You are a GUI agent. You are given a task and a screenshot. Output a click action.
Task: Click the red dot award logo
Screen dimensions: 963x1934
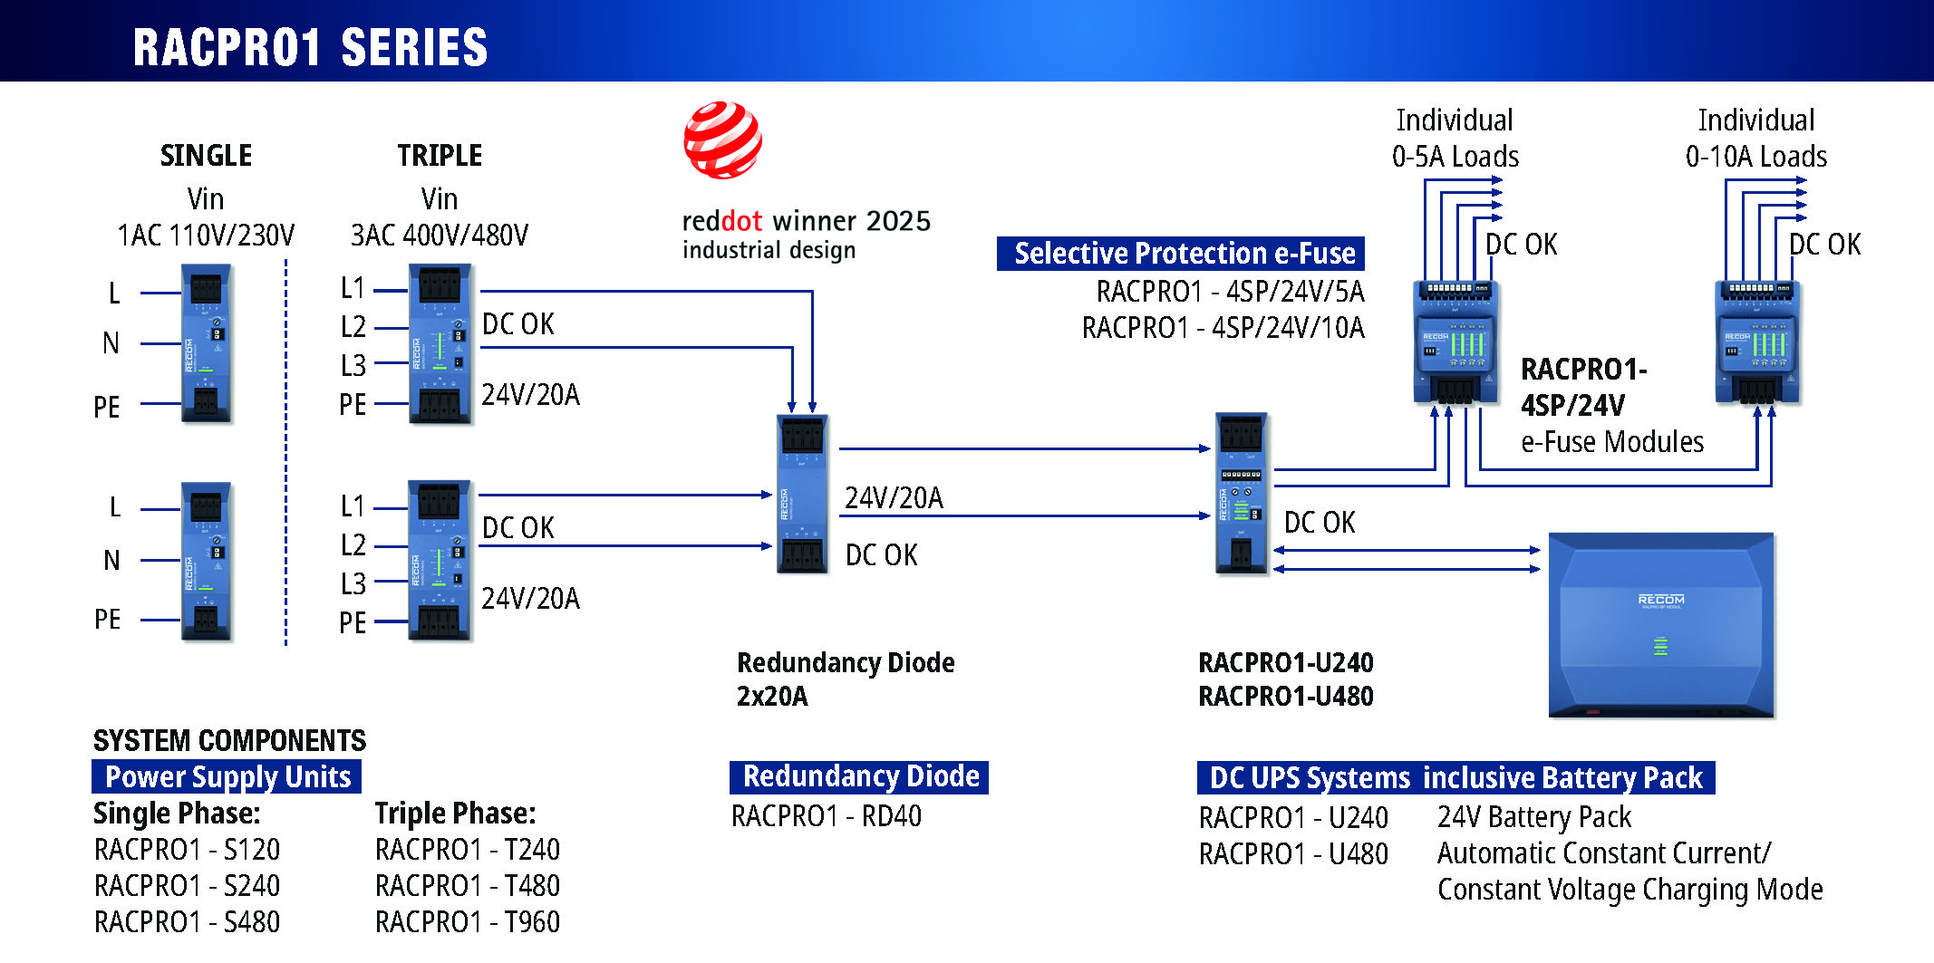722,140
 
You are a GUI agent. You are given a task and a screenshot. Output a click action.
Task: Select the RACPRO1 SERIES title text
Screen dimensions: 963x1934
310,47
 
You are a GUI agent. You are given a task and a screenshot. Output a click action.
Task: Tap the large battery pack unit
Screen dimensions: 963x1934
1660,625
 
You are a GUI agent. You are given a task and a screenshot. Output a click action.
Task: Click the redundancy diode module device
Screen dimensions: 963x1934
801,494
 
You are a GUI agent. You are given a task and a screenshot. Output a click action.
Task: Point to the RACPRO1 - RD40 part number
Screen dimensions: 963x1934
826,816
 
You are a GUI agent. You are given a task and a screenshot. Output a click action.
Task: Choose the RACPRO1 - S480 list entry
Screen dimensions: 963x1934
187,922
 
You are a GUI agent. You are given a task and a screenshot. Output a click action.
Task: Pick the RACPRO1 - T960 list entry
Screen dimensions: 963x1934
467,922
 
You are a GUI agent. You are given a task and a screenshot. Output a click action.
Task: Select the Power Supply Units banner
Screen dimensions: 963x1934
227,777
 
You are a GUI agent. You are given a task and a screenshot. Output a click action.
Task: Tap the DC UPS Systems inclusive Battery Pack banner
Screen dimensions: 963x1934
1455,778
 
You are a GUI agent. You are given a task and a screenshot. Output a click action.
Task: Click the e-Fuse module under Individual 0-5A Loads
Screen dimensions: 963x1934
1455,342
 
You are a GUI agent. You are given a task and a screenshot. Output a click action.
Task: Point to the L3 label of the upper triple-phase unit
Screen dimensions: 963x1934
353,365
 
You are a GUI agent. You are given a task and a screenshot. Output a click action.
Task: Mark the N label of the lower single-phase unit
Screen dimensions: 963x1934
111,561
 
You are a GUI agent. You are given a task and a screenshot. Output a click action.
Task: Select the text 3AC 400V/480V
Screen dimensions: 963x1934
439,236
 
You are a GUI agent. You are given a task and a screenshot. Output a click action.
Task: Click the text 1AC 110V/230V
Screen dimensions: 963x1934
206,236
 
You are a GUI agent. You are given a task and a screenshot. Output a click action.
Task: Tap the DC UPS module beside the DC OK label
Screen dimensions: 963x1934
1241,494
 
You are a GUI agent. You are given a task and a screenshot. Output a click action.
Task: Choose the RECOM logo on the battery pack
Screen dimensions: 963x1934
1660,600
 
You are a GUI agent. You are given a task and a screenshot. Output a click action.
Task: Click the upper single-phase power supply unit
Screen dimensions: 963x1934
206,344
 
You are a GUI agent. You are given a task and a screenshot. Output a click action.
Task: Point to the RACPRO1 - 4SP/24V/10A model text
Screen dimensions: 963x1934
1223,327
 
